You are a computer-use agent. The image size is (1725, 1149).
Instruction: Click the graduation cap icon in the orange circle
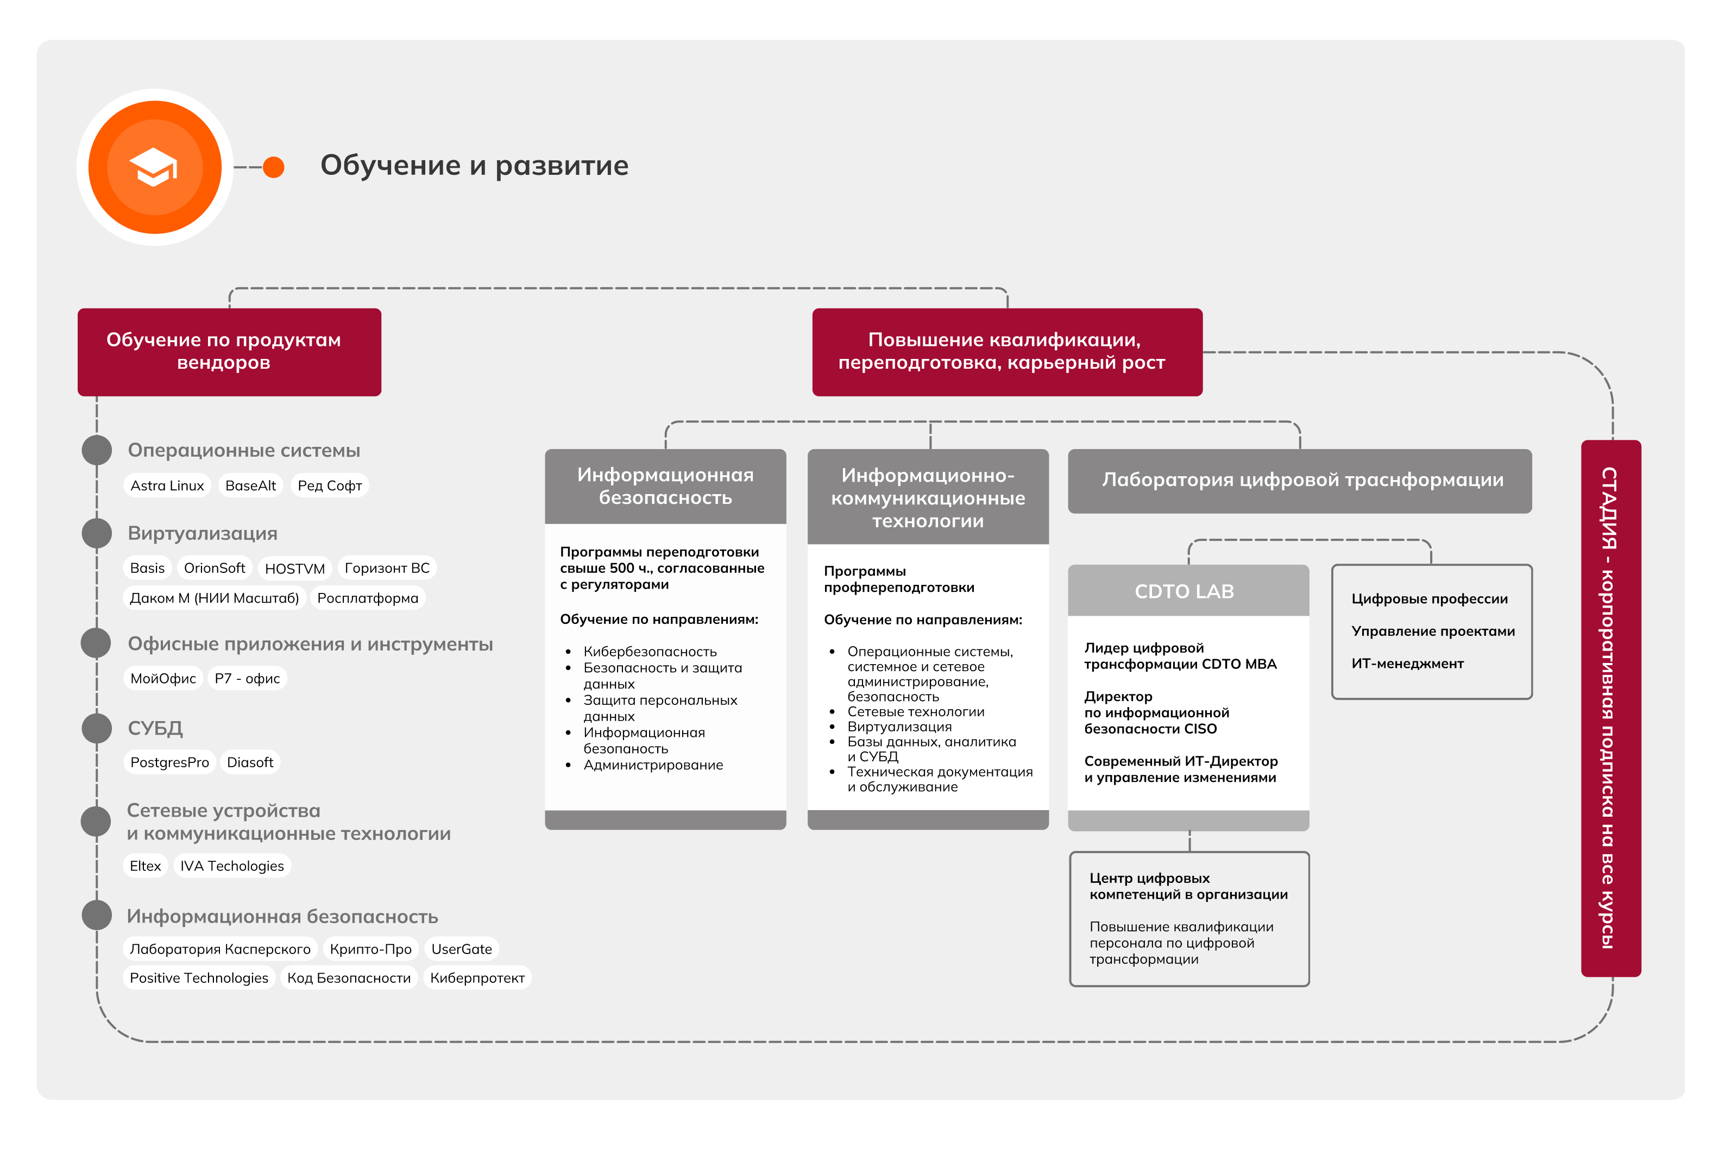(154, 167)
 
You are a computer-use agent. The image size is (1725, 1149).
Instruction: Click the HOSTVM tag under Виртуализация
(294, 569)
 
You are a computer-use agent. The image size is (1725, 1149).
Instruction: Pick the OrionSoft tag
(214, 568)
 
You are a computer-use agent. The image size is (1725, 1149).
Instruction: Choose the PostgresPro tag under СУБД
(169, 762)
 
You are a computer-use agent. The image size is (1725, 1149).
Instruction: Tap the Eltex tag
(145, 866)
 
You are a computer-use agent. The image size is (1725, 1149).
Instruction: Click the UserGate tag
(462, 949)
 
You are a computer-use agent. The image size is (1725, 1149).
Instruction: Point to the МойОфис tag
(163, 679)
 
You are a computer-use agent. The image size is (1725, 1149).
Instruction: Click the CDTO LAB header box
(1188, 591)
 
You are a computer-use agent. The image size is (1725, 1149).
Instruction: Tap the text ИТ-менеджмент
(1407, 663)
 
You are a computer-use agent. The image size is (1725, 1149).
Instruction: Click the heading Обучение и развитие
(474, 166)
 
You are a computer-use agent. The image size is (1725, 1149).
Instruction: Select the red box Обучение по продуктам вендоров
(229, 352)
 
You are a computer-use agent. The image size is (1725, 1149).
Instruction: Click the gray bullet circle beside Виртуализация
(97, 533)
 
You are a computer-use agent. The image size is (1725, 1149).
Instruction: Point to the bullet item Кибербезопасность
(649, 652)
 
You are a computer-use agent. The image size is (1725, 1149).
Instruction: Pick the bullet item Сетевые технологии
(915, 711)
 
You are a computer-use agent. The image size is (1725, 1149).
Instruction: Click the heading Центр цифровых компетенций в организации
(1188, 886)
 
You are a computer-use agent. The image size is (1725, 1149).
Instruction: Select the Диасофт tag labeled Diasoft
(250, 762)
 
